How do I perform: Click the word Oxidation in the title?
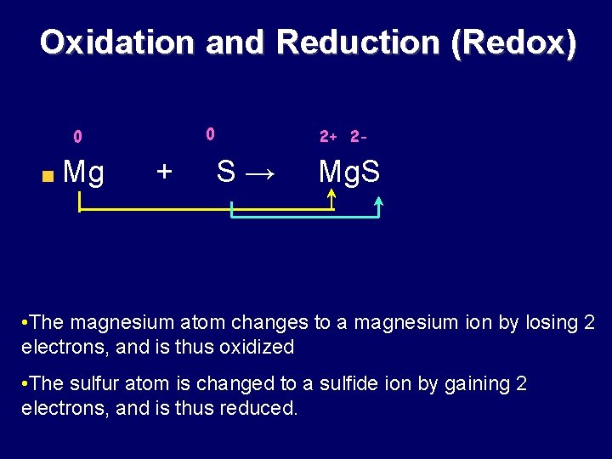[x=116, y=42]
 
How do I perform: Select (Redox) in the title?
[x=513, y=42]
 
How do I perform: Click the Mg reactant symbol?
[x=84, y=173]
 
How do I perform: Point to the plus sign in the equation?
[x=164, y=172]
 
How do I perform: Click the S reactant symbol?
[x=226, y=172]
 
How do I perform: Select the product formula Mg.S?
[x=348, y=173]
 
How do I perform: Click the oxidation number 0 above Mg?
[x=77, y=137]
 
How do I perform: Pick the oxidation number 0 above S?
[x=211, y=133]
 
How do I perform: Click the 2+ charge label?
[x=328, y=136]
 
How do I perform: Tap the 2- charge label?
[x=359, y=136]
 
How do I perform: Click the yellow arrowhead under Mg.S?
[x=331, y=196]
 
